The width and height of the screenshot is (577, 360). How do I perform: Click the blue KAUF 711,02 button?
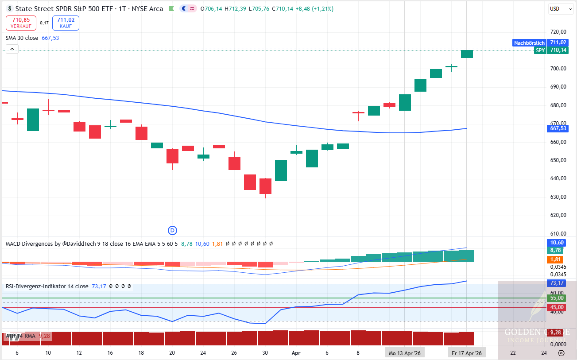click(x=66, y=23)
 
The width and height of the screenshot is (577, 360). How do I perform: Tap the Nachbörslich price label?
click(x=529, y=43)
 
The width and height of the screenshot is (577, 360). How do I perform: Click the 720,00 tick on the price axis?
click(x=558, y=32)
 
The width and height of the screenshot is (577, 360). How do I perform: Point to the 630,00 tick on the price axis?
click(x=558, y=197)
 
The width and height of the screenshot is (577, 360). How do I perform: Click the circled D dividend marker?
click(x=172, y=230)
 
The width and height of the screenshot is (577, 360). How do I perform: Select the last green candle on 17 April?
click(x=467, y=54)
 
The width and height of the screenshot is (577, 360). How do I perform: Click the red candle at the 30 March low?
click(x=265, y=186)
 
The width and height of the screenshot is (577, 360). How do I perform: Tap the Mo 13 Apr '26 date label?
click(x=404, y=353)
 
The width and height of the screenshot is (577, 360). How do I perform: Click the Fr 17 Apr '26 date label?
click(x=467, y=353)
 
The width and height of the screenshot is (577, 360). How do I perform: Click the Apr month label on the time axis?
click(x=296, y=353)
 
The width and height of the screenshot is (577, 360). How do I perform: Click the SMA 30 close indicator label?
click(x=22, y=38)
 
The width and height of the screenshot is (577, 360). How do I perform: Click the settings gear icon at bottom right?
click(x=561, y=353)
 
